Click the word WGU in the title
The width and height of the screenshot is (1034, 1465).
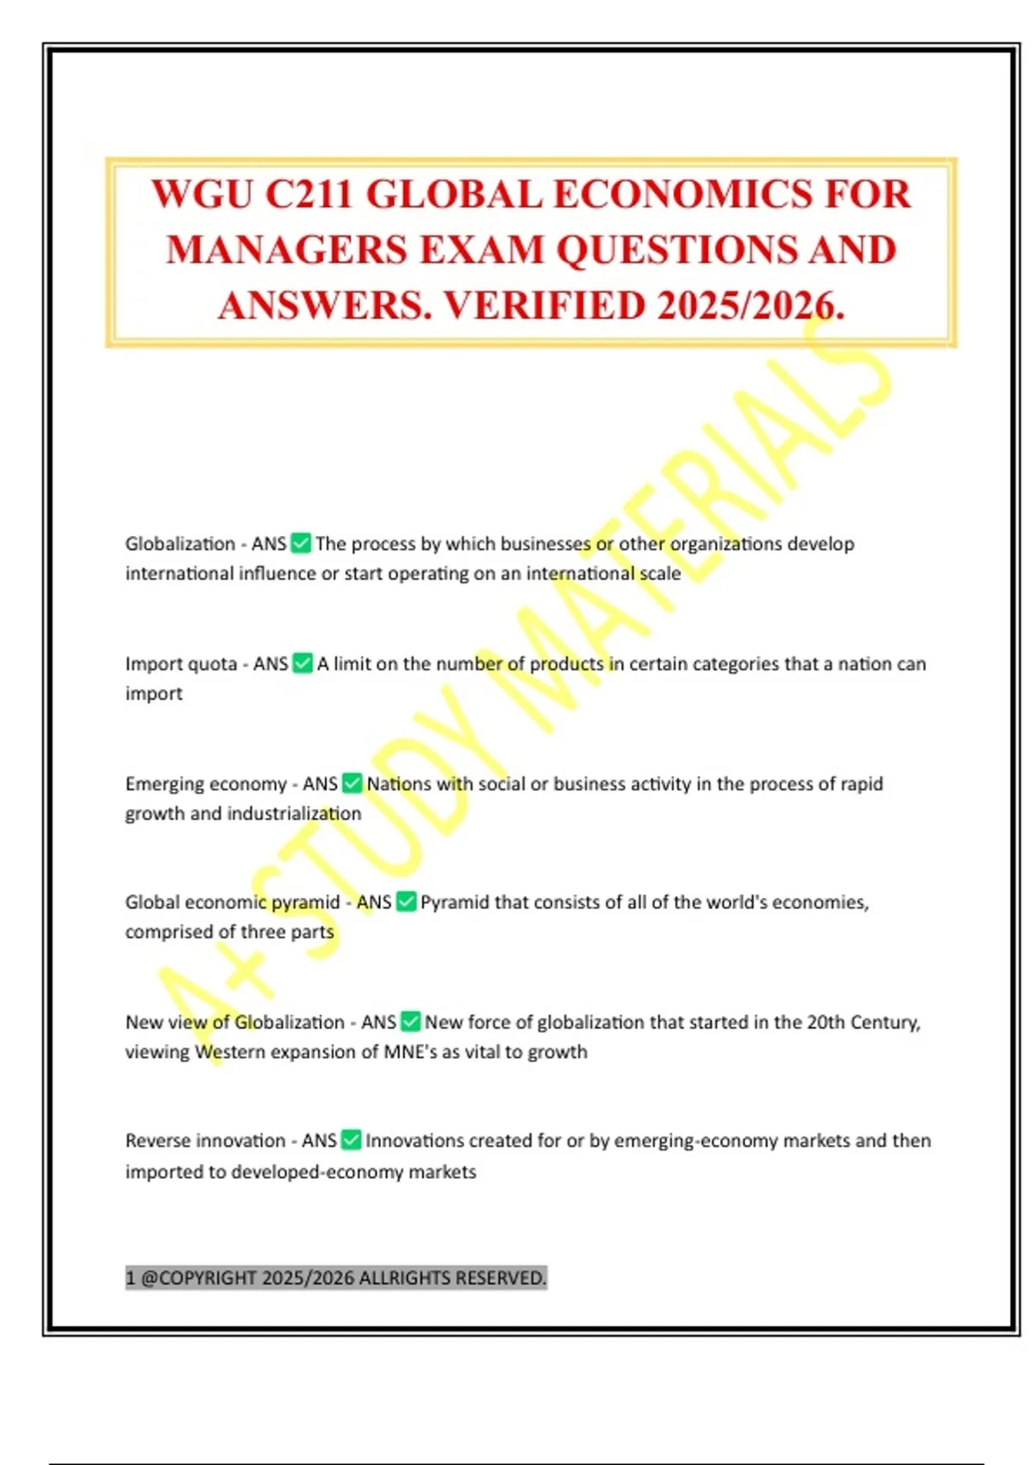(x=202, y=194)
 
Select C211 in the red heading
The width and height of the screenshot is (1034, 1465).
(x=309, y=194)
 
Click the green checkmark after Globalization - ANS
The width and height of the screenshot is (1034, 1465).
(x=301, y=543)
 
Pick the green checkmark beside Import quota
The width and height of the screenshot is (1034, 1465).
(x=302, y=663)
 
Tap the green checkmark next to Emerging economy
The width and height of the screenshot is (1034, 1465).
(x=352, y=782)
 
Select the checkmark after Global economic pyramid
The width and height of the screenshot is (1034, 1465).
(x=406, y=901)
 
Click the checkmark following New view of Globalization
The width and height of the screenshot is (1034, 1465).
(x=410, y=1021)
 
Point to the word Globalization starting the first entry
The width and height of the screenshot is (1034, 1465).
(x=180, y=544)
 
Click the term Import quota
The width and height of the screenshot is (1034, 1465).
(x=181, y=664)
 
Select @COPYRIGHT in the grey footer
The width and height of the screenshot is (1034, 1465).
(x=198, y=1277)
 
